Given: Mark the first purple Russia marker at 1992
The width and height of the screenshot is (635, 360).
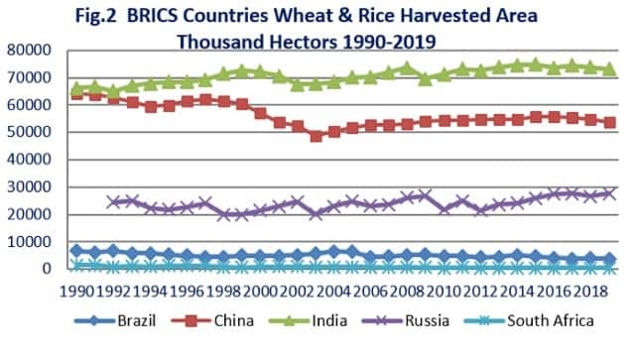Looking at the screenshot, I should point(112,201).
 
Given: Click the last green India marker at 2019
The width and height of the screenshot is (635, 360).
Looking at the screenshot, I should point(609,69).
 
